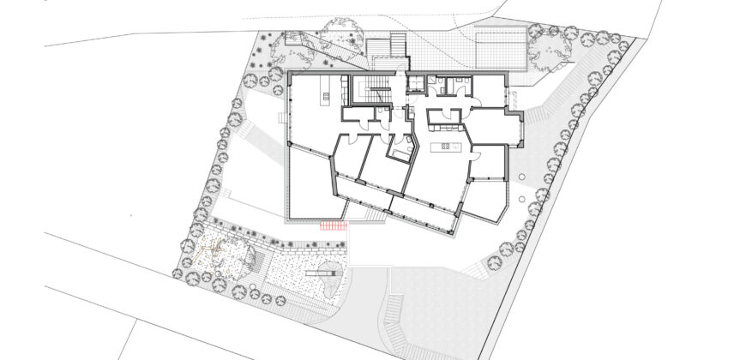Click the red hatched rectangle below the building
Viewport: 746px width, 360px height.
coord(332,225)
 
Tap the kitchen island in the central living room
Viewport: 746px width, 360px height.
coord(447,147)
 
